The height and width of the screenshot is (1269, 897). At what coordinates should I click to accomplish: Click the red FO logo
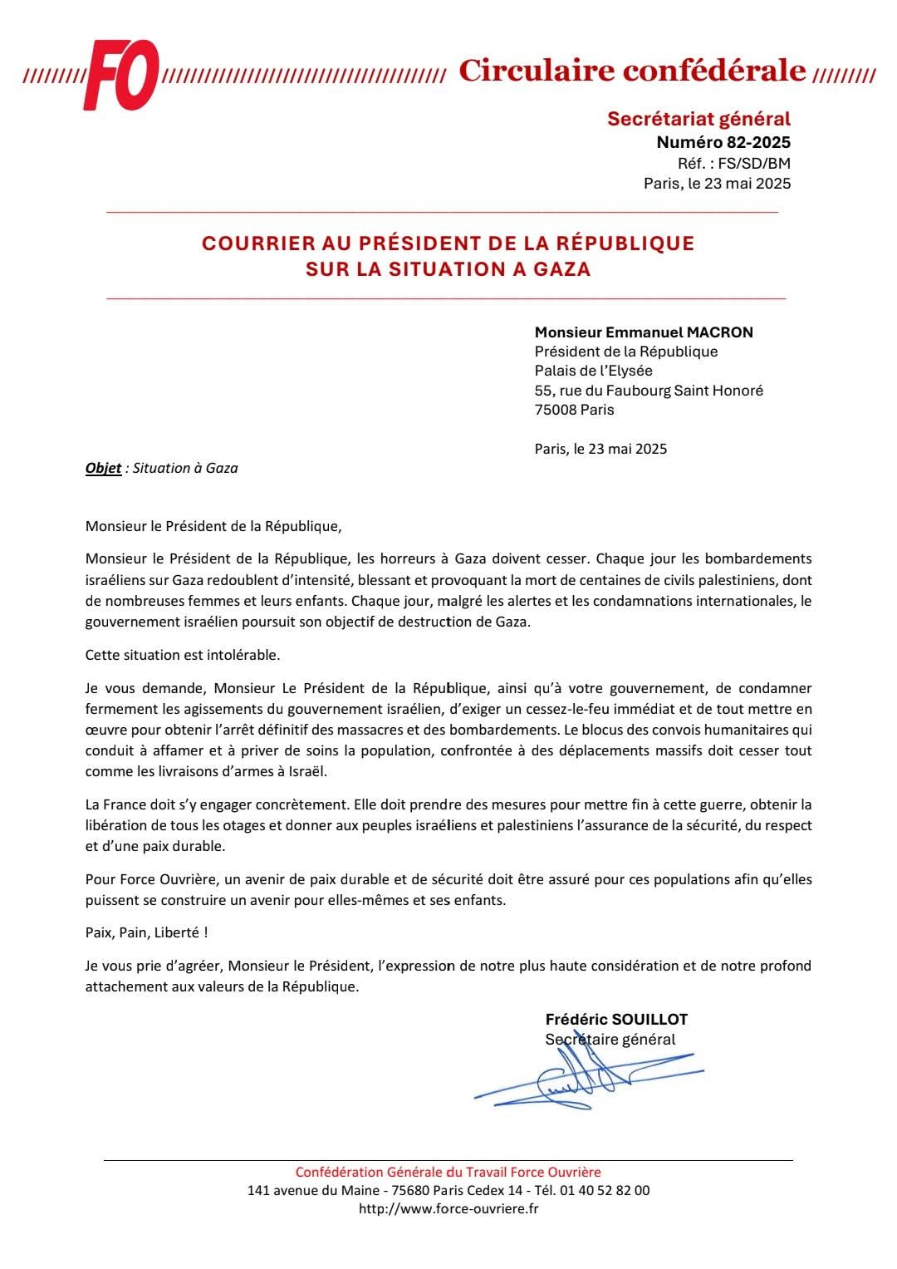coord(120,75)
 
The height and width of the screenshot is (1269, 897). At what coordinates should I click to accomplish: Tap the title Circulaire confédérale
coord(632,71)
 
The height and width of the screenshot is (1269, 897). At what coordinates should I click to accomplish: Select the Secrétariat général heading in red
coord(698,119)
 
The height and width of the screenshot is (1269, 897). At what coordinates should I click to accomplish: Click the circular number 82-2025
coord(758,142)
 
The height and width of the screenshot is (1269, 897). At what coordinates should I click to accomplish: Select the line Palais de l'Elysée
coord(593,371)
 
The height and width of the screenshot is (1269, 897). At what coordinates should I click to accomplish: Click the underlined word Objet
coord(103,468)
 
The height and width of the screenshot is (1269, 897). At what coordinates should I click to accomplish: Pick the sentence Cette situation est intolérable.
coord(183,655)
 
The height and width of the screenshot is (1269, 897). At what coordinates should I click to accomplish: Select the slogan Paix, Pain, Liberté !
coord(146,932)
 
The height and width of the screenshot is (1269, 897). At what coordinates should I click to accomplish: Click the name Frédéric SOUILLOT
coord(616,1020)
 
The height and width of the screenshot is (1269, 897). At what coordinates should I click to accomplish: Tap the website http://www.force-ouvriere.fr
coord(448,1208)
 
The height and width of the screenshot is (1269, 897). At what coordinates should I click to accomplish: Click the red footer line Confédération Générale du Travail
coord(448,1172)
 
